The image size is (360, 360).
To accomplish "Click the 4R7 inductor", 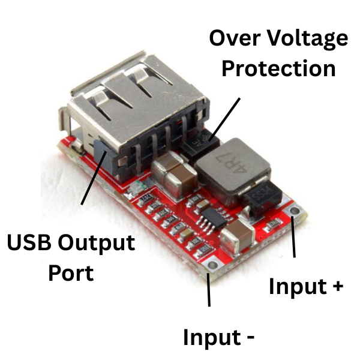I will click(x=231, y=165).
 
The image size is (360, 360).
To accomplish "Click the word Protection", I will click(x=278, y=68).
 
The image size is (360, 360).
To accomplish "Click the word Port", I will click(x=71, y=273).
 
